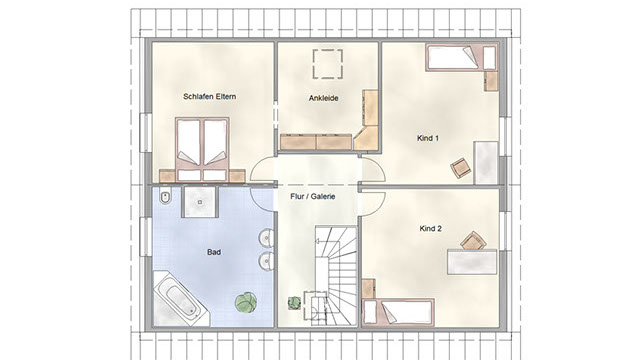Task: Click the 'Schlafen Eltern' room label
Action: pos(210,97)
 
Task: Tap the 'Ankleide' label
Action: pos(324,98)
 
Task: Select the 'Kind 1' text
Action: pos(428,138)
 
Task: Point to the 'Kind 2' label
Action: pos(431,228)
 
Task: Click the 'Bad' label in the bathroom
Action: pos(214,252)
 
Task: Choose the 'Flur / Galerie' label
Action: pos(313,196)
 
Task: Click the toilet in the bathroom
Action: pos(165,198)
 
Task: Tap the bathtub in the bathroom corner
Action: pos(181,298)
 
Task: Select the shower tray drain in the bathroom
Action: pos(200,202)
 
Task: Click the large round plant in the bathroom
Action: pos(246,303)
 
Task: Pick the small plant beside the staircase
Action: pos(294,303)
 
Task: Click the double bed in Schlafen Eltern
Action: pos(202,149)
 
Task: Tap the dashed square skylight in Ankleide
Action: pos(328,64)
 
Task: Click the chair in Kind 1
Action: pos(461,168)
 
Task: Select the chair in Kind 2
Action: pos(473,241)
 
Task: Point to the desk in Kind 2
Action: pos(472,262)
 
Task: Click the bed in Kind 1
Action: pos(461,59)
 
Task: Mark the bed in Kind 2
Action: pos(399,312)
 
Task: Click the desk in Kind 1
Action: pos(486,163)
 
